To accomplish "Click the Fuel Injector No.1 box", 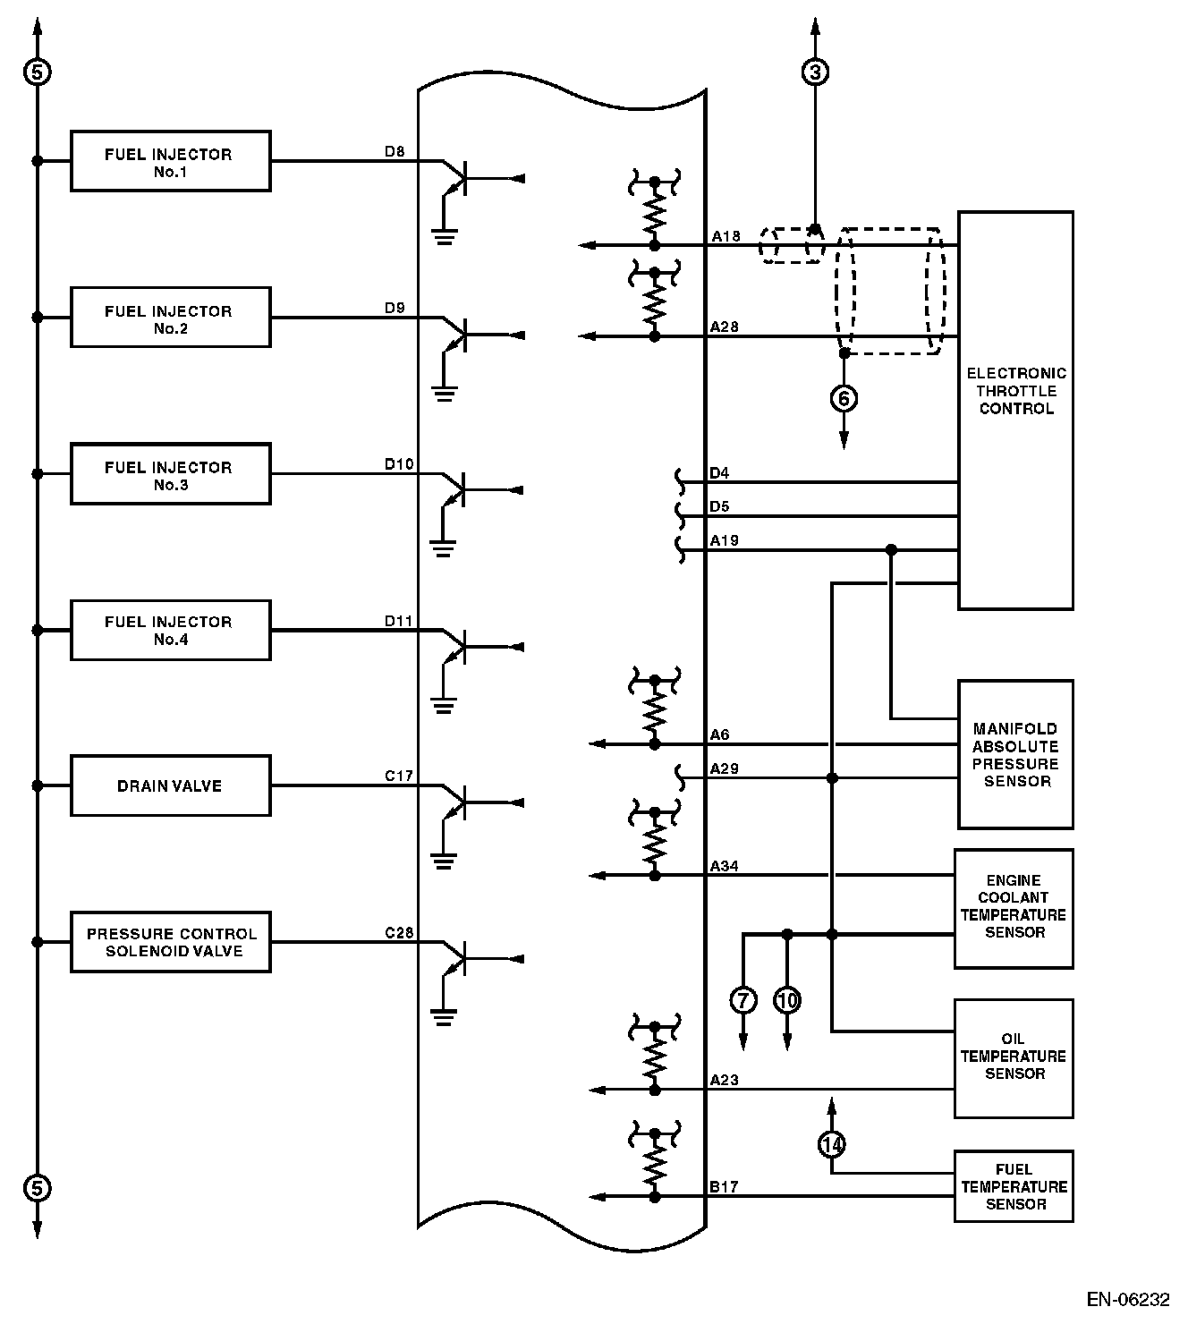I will [170, 162].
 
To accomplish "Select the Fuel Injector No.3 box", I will [170, 474].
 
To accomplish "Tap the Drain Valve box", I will [170, 786].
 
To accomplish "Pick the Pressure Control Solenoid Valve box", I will [170, 942].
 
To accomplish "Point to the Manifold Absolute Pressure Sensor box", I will [1015, 754].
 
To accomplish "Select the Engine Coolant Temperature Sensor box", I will [1014, 908].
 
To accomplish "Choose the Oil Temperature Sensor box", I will [1014, 1057].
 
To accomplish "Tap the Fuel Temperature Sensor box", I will [1014, 1186].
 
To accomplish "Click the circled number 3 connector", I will [815, 72].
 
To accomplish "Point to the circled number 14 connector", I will [832, 1143].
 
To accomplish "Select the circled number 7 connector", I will [743, 999].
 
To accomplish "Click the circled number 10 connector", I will [787, 999].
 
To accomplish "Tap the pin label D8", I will [395, 151].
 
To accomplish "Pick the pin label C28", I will [399, 932].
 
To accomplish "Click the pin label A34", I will [725, 866].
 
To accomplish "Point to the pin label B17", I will [725, 1187].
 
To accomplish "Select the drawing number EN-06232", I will [1128, 1298].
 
